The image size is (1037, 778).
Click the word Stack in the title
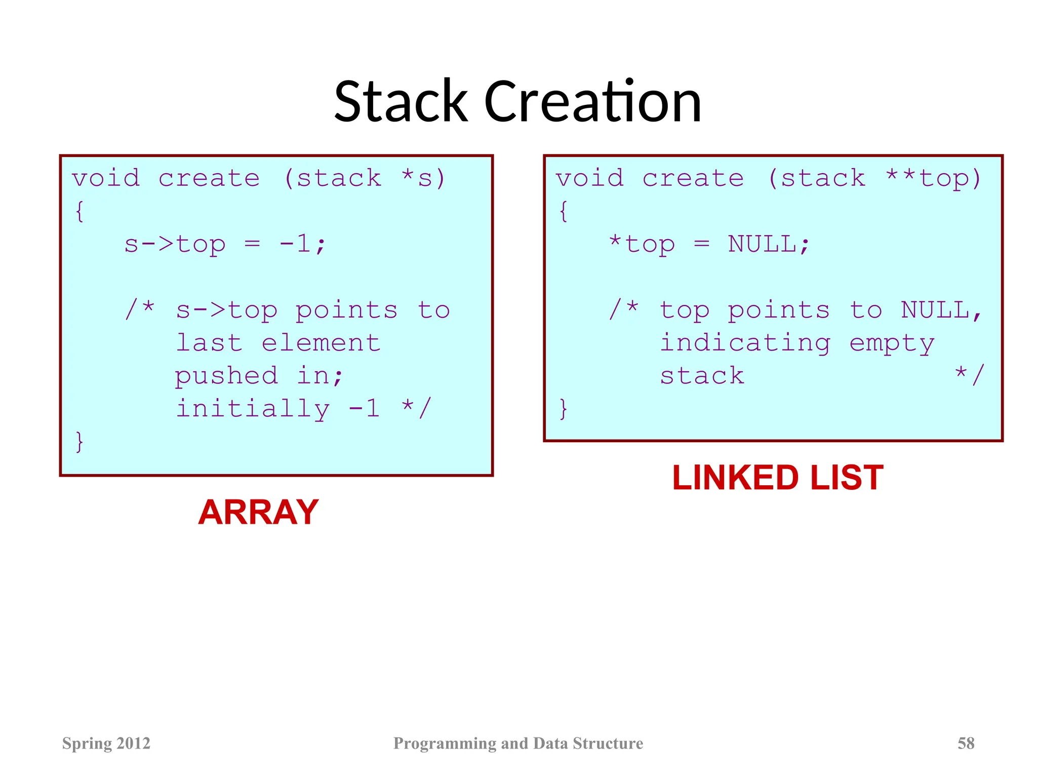pos(401,102)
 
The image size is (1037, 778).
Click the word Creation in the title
pos(593,102)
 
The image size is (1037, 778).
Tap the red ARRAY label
pos(258,512)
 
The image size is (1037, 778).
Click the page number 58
pos(966,743)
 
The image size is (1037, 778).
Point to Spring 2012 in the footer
pos(106,743)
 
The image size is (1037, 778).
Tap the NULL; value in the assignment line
pos(769,244)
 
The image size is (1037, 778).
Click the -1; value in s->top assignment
pos(303,244)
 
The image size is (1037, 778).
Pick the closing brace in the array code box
pos(79,442)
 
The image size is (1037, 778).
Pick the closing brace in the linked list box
pos(563,409)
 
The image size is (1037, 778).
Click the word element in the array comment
pos(321,343)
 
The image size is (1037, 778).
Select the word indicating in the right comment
pos(745,343)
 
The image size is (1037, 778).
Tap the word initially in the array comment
pos(252,409)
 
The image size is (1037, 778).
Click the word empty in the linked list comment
pos(892,343)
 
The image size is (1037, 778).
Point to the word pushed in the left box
pos(226,376)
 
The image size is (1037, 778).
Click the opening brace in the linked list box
pos(563,211)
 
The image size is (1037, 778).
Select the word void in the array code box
pos(105,178)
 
